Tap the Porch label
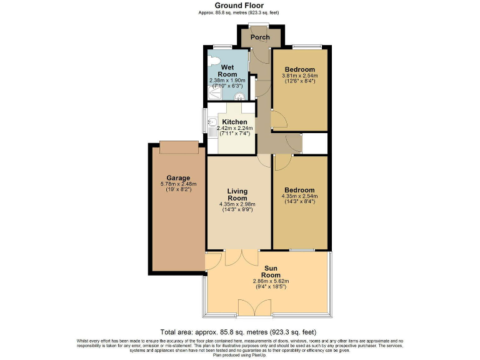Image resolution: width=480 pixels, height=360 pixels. click(x=260, y=37)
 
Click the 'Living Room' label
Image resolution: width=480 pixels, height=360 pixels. click(x=237, y=194)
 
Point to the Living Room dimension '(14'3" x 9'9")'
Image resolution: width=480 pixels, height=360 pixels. click(x=237, y=210)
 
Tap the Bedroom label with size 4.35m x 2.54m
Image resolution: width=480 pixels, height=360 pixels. click(x=299, y=189)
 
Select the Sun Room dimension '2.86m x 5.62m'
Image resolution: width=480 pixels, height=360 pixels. click(x=271, y=282)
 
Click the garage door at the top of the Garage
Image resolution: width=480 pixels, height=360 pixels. click(x=180, y=147)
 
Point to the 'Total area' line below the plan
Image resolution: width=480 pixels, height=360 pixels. click(x=239, y=332)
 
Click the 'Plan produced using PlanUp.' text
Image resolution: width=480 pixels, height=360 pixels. click(x=239, y=354)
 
